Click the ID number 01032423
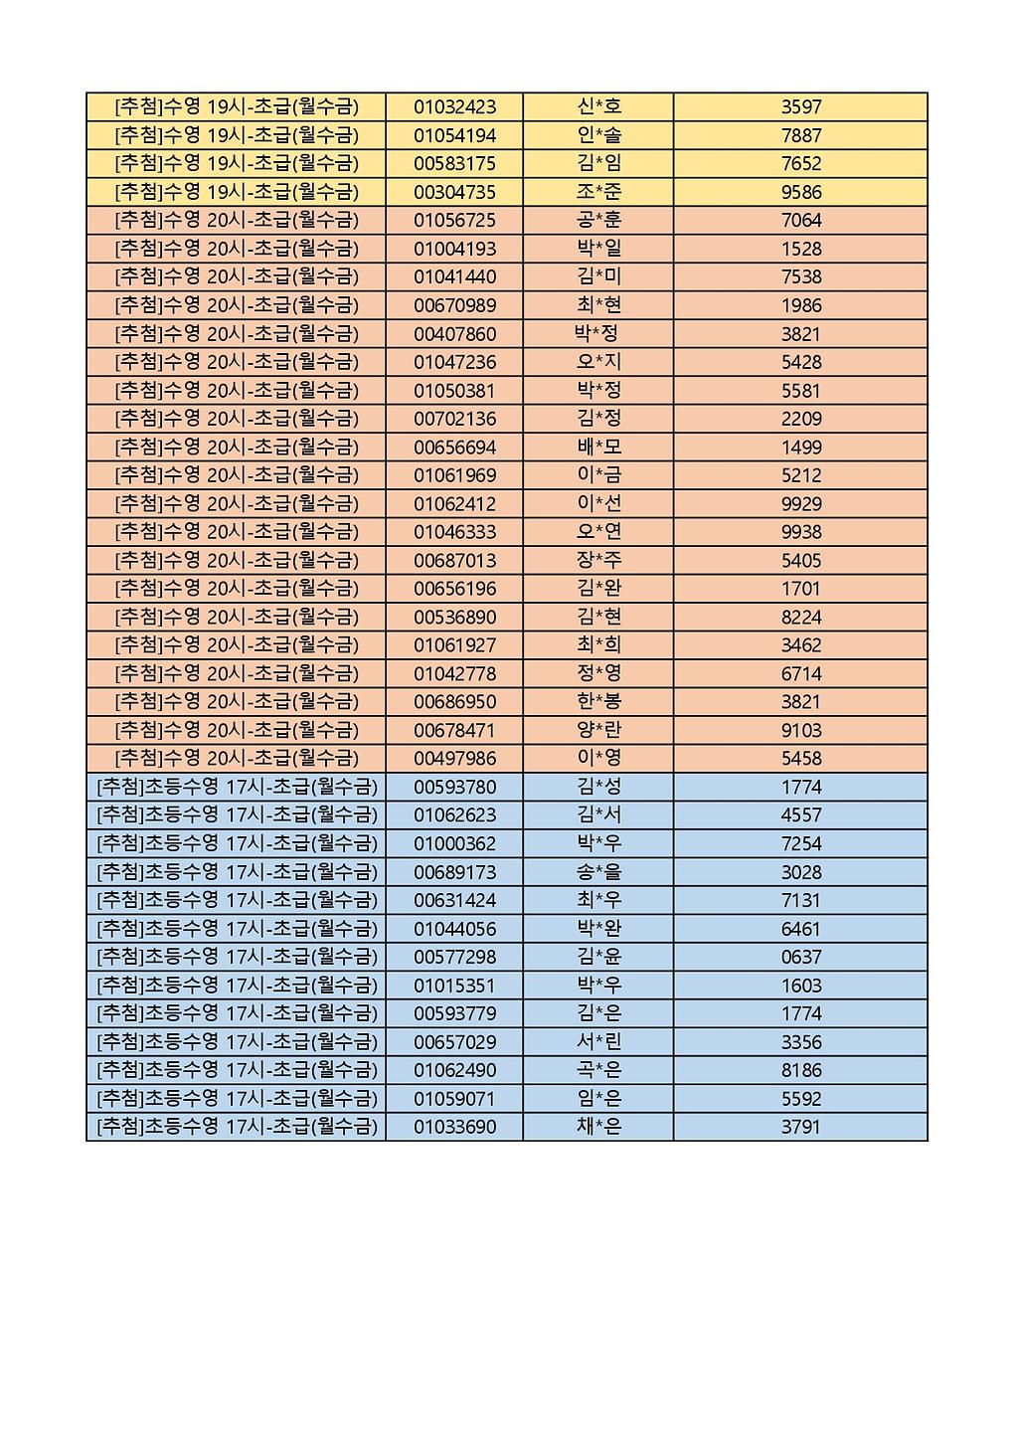click(x=454, y=107)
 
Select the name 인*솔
click(x=598, y=135)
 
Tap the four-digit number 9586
click(x=801, y=192)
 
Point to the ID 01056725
click(x=454, y=220)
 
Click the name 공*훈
click(x=598, y=220)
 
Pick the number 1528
click(x=801, y=249)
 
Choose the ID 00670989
click(x=454, y=305)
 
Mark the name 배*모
click(x=598, y=447)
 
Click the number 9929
click(x=801, y=503)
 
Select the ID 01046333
click(x=454, y=532)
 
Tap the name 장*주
click(x=598, y=560)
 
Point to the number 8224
click(x=801, y=617)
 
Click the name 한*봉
click(x=598, y=701)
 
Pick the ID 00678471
click(x=454, y=730)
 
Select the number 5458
click(x=801, y=758)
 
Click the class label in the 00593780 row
click(x=238, y=787)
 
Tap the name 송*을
click(x=598, y=872)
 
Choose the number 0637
click(x=801, y=957)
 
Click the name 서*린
click(x=598, y=1042)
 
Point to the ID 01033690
click(x=454, y=1127)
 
